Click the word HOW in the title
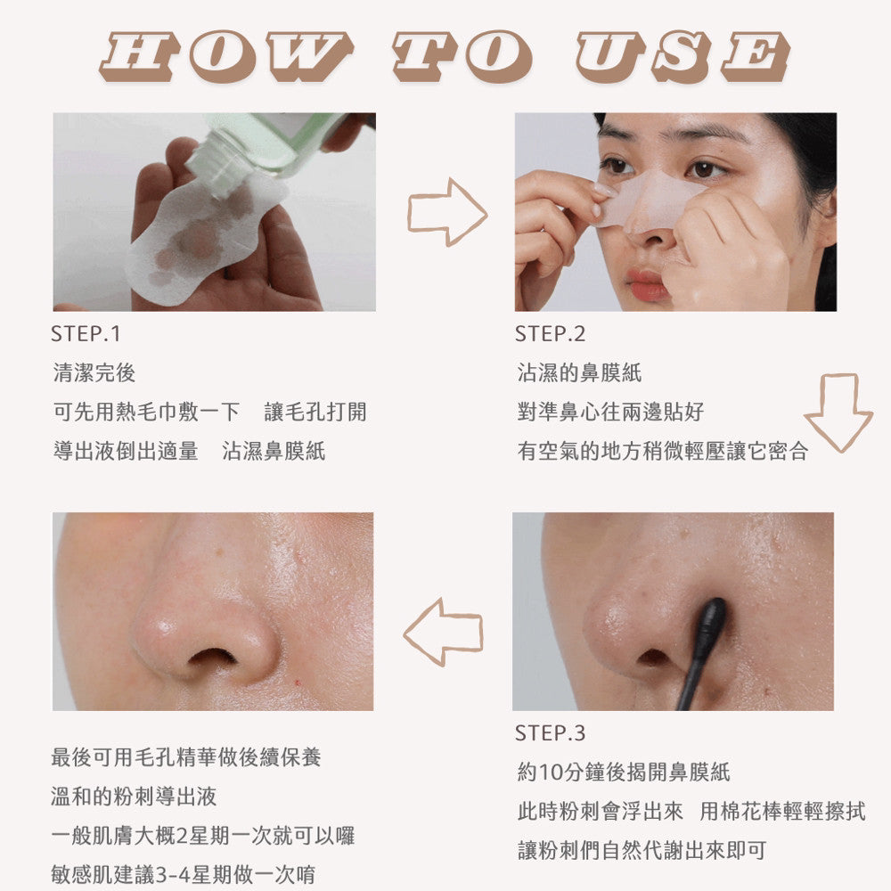click(x=226, y=55)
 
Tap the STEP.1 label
click(x=86, y=334)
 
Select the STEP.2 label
click(x=550, y=334)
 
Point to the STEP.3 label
click(x=550, y=733)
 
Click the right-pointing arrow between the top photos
click(x=447, y=212)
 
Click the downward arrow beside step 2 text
click(x=839, y=413)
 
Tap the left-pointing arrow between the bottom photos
click(x=443, y=632)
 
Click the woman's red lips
click(x=647, y=285)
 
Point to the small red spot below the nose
click(x=298, y=681)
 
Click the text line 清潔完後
click(x=94, y=373)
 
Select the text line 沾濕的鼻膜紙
click(x=579, y=373)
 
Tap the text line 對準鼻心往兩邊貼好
click(x=610, y=412)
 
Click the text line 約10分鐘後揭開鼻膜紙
click(x=624, y=772)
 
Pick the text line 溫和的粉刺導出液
click(x=135, y=797)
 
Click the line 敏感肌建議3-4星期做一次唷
click(x=183, y=875)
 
